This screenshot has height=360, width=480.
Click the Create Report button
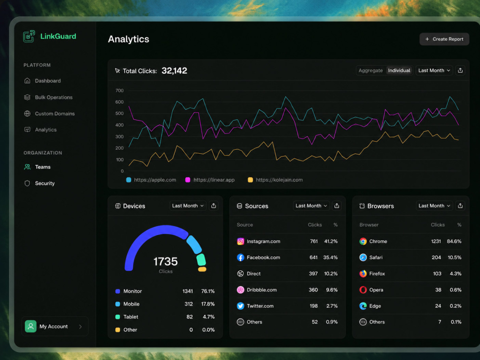click(x=444, y=39)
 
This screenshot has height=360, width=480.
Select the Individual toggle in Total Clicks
click(x=399, y=71)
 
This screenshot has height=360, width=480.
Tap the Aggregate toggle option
click(x=371, y=71)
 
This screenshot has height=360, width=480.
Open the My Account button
click(x=55, y=326)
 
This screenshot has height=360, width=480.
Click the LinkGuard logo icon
click(x=29, y=36)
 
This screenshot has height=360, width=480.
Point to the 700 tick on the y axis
click(x=120, y=91)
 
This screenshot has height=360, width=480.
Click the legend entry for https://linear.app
click(x=210, y=180)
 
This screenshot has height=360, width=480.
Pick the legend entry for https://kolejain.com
click(x=275, y=180)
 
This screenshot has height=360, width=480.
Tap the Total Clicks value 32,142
click(x=174, y=71)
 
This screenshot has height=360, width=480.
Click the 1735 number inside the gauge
click(x=165, y=262)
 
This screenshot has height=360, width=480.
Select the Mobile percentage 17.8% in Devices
click(x=208, y=304)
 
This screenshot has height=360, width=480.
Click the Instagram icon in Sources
click(x=240, y=241)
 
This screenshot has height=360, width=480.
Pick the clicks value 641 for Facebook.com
click(x=313, y=257)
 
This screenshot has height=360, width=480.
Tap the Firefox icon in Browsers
click(x=363, y=274)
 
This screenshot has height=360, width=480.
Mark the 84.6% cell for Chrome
click(x=454, y=241)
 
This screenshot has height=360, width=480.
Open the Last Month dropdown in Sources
click(x=312, y=206)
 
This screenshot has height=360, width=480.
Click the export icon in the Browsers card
click(x=460, y=206)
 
